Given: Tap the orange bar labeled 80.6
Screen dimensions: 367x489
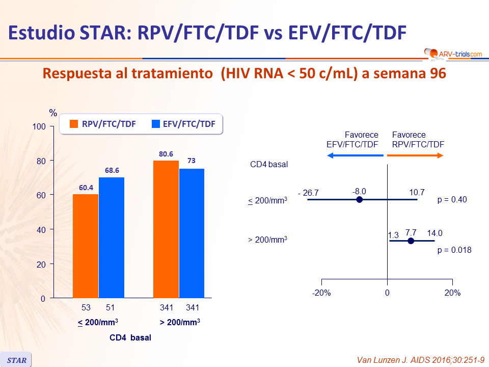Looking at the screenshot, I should click(166, 229).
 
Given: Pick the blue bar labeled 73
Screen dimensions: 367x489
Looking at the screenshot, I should click(192, 233).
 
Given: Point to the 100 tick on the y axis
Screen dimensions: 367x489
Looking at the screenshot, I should click(39, 126).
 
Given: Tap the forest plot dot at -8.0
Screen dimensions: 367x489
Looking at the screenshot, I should click(359, 200).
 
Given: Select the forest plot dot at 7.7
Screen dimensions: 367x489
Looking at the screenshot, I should click(411, 241).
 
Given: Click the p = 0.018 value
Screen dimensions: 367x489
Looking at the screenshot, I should click(454, 250).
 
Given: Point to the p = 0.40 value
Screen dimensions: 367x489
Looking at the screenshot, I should click(452, 200).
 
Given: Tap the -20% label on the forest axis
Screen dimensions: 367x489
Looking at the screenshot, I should click(322, 293).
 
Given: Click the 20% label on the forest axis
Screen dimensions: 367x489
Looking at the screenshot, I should click(452, 293).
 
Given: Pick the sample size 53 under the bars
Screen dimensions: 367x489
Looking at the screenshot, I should click(86, 308).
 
